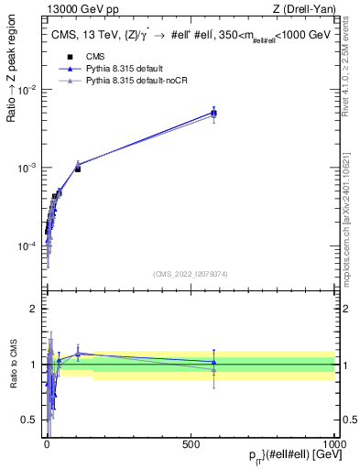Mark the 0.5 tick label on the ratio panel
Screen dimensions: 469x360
(30, 420)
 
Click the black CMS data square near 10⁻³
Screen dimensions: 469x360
(78, 169)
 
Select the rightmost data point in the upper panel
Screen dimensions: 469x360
(213, 113)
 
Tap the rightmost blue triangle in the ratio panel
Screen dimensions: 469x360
(213, 362)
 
